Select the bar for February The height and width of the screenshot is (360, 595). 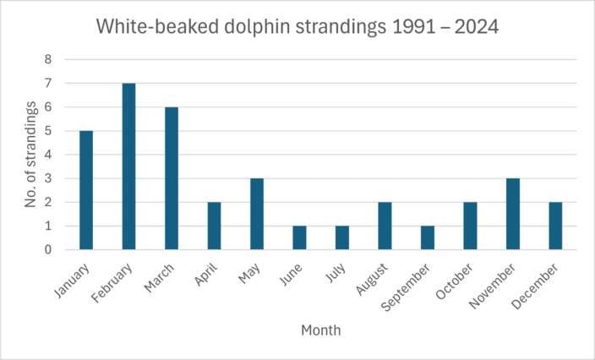(128, 166)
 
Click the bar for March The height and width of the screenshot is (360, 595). (172, 178)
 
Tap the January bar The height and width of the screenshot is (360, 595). (86, 190)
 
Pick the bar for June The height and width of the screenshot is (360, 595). (299, 237)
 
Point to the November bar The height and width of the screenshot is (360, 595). (512, 214)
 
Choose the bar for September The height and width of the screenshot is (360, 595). (427, 237)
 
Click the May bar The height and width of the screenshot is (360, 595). (257, 214)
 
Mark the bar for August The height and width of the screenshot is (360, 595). (385, 226)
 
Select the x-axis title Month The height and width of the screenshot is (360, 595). (320, 330)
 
